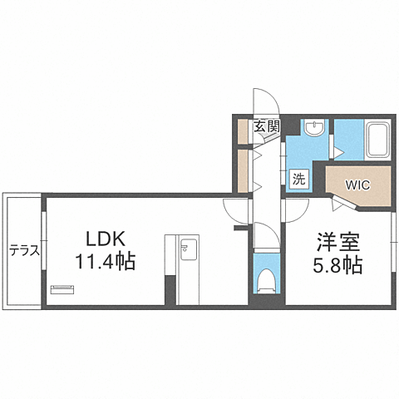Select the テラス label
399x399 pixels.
tap(24, 249)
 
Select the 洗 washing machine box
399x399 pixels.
tap(298, 177)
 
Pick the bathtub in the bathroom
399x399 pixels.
tap(378, 140)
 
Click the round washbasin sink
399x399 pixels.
tap(314, 128)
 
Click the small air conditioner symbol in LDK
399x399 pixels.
tap(62, 289)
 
